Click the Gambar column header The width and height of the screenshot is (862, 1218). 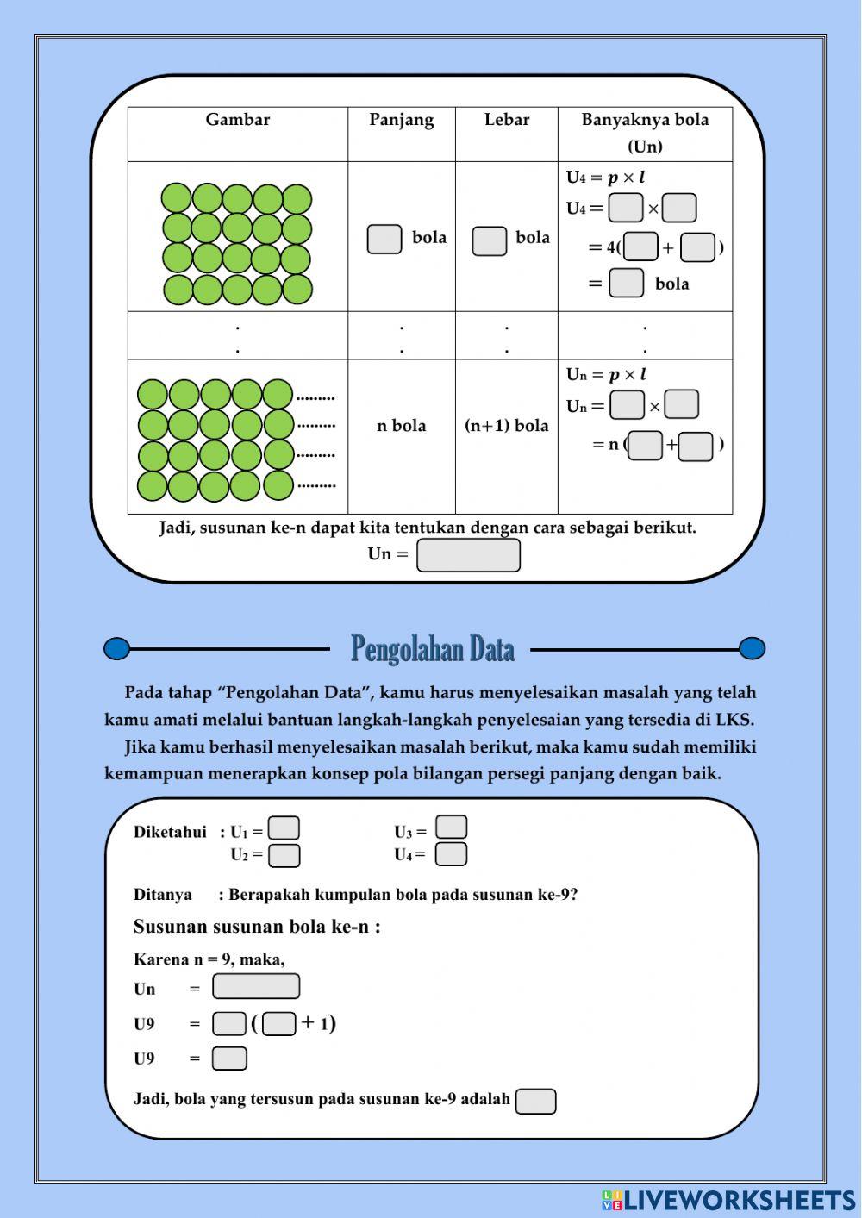pyautogui.click(x=237, y=120)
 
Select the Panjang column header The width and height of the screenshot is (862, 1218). pyautogui.click(x=401, y=120)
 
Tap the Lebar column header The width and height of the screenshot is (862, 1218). pyautogui.click(x=507, y=120)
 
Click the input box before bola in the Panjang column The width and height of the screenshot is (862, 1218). pyautogui.click(x=384, y=239)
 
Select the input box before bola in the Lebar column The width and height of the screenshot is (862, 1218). pyautogui.click(x=489, y=240)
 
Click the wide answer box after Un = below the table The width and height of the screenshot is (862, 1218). pyautogui.click(x=468, y=555)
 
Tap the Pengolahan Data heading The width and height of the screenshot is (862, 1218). pyautogui.click(x=432, y=649)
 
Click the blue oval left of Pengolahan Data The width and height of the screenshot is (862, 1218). pyautogui.click(x=116, y=648)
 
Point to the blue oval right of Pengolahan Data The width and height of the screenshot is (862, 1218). pyautogui.click(x=752, y=648)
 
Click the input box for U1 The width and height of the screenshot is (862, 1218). pyautogui.click(x=284, y=828)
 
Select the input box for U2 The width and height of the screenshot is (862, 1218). pyautogui.click(x=284, y=855)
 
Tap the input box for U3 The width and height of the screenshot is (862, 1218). pyautogui.click(x=451, y=828)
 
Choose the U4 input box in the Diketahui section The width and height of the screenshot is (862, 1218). pyautogui.click(x=451, y=854)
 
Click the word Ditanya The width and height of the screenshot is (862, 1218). pyautogui.click(x=163, y=895)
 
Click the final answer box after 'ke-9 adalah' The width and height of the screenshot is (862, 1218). pyautogui.click(x=535, y=1101)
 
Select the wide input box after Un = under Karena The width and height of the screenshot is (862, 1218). pyautogui.click(x=256, y=986)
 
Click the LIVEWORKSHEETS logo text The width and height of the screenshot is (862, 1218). pyautogui.click(x=739, y=1200)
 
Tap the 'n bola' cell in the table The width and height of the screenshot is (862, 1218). pyautogui.click(x=401, y=426)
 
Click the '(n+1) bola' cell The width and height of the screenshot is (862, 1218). pyautogui.click(x=507, y=426)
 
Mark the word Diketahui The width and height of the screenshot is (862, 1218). pyautogui.click(x=170, y=832)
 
